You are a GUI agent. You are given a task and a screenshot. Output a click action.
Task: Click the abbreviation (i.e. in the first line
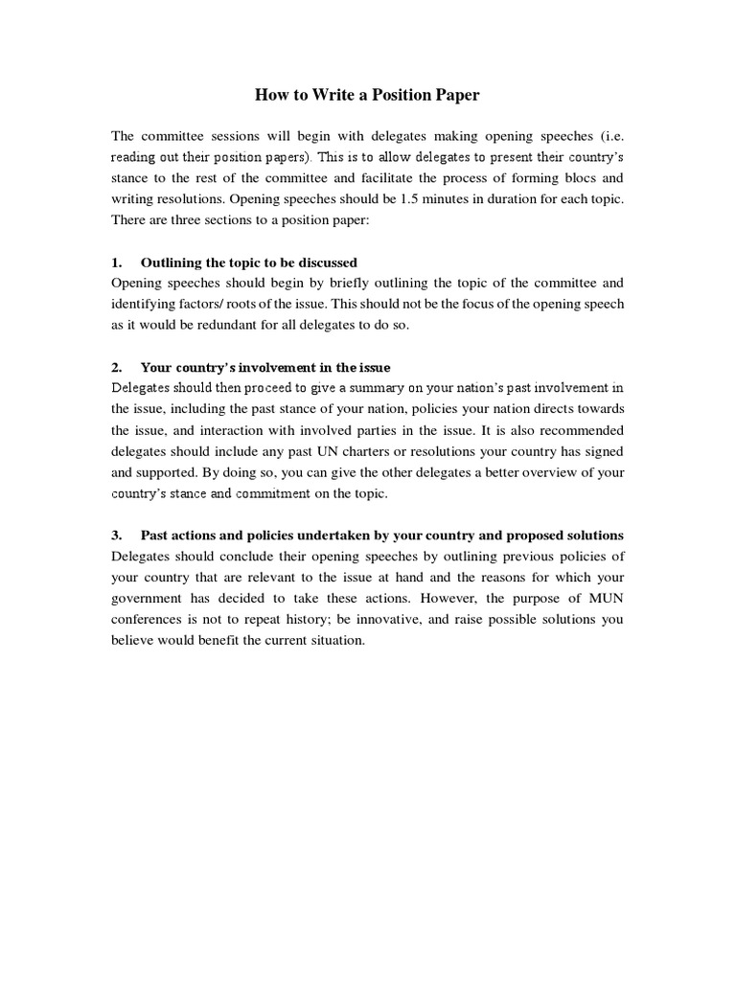(x=608, y=135)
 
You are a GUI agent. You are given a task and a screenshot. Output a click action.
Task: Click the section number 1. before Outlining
(x=117, y=262)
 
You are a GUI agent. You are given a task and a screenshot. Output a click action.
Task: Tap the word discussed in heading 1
(x=326, y=262)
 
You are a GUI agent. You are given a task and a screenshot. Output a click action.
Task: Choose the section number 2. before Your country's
(x=117, y=367)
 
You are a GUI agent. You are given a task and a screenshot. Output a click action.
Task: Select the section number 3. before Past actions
(x=117, y=535)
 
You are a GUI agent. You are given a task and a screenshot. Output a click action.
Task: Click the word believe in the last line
(x=134, y=640)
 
